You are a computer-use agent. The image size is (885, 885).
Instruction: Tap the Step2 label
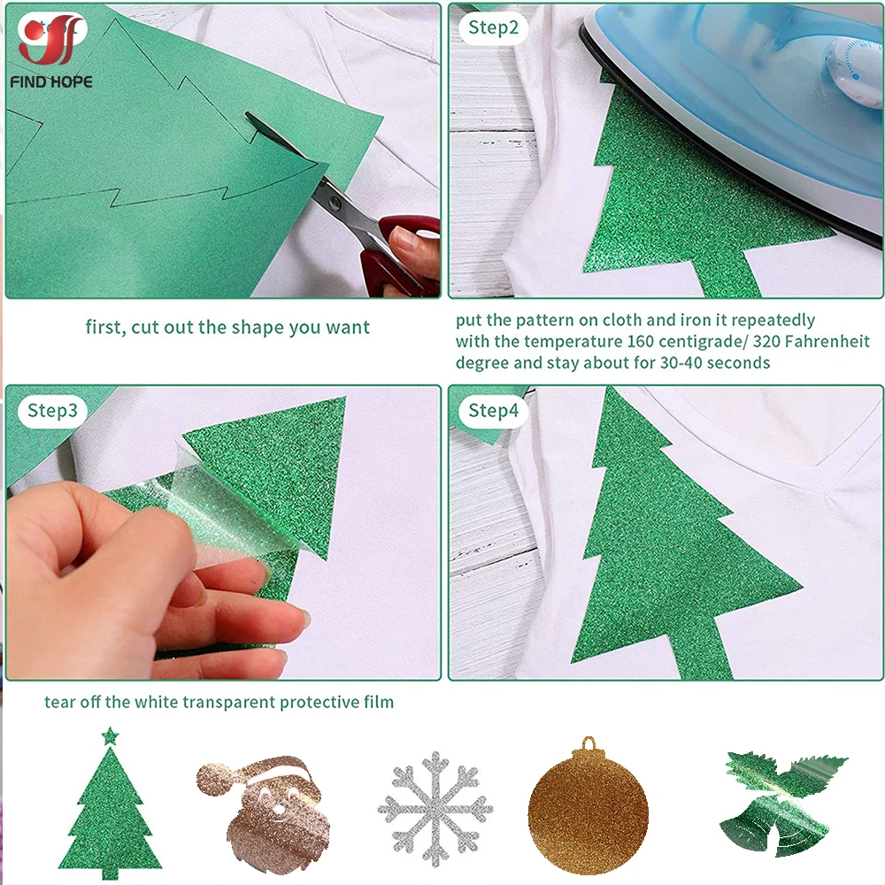coord(493,27)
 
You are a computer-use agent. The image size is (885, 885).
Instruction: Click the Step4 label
coord(493,410)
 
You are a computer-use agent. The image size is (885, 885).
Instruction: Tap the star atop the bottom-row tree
coord(110,735)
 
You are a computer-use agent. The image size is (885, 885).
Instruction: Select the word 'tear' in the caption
coord(61,703)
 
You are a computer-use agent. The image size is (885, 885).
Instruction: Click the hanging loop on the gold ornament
coord(588,743)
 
